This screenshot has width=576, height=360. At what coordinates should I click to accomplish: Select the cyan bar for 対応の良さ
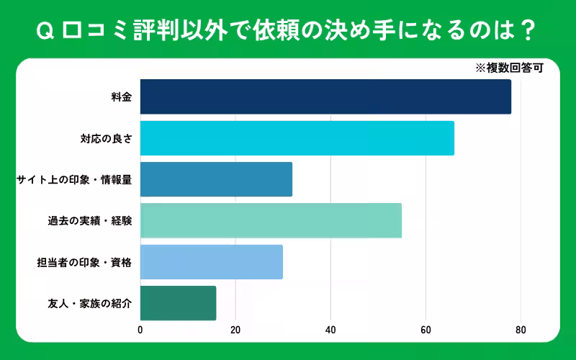[297, 138]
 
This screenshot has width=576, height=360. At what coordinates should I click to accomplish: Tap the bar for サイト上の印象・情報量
[216, 179]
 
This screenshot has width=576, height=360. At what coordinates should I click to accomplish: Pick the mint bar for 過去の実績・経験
[271, 221]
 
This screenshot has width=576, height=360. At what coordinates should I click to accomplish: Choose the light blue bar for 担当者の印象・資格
[211, 262]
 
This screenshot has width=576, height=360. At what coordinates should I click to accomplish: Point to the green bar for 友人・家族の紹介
[178, 303]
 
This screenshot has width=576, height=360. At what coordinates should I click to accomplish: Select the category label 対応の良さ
[106, 138]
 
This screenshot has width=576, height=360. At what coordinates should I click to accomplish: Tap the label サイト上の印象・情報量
[74, 179]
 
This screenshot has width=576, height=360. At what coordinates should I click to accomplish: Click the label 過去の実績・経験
[89, 221]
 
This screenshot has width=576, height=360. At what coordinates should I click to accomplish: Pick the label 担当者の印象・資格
[84, 262]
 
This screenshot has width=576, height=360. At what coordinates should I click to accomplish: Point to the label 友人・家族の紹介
[89, 303]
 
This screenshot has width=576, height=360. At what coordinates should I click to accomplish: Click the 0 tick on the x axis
[140, 330]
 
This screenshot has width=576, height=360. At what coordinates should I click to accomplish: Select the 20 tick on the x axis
[235, 330]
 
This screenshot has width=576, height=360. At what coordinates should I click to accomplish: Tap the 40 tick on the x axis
[330, 330]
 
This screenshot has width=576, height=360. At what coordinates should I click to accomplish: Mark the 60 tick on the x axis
[426, 330]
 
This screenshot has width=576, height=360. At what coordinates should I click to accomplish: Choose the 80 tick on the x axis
[521, 330]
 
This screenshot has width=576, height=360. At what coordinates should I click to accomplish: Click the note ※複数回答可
[508, 68]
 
